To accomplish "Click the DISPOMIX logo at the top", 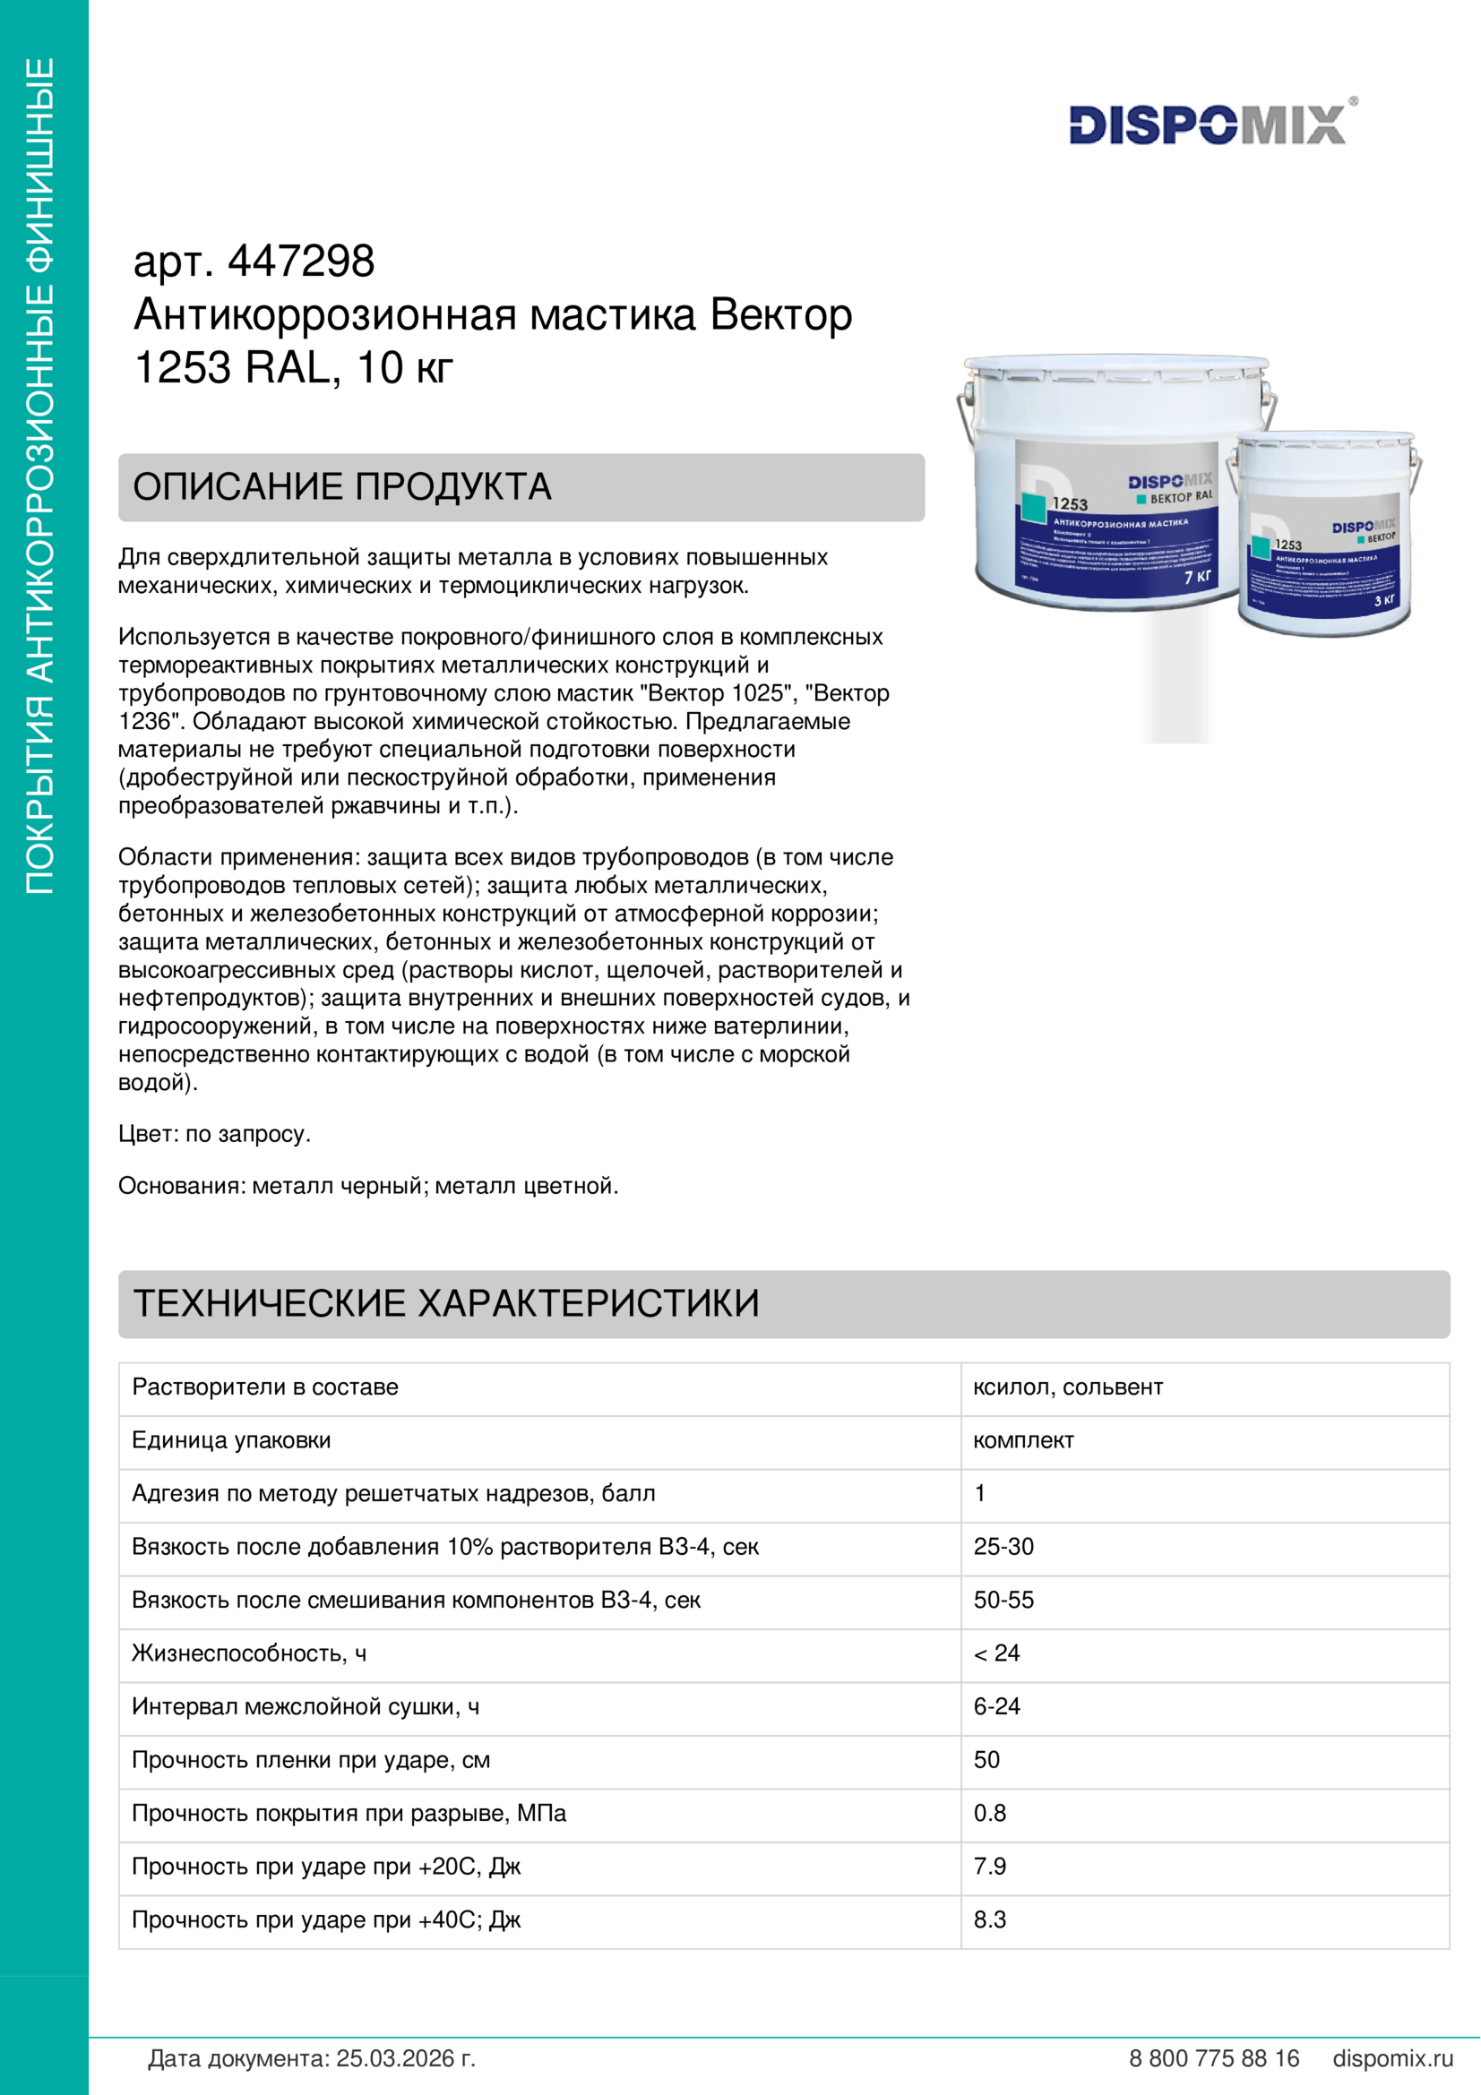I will (x=1207, y=125).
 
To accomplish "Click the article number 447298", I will (x=300, y=262).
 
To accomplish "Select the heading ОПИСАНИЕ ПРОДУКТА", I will (x=342, y=487).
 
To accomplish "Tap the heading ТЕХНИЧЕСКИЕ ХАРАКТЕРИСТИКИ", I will (x=446, y=1303).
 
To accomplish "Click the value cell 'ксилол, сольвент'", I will (x=1068, y=1387).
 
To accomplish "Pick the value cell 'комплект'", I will (x=1023, y=1441).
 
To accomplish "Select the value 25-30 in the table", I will (x=1003, y=1548).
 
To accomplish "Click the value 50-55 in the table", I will (x=1003, y=1601).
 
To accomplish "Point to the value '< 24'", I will (x=996, y=1653).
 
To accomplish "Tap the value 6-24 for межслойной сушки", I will (x=996, y=1707).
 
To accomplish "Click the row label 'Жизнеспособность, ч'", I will (x=249, y=1653).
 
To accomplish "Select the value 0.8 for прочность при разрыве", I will (x=990, y=1813).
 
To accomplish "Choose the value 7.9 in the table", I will (x=990, y=1867).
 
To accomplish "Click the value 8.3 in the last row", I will (x=990, y=1919).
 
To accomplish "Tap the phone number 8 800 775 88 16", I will (x=1214, y=2059).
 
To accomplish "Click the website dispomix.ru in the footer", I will (x=1392, y=2059).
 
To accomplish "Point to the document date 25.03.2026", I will (x=405, y=2059).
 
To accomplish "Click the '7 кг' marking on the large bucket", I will (x=1197, y=577).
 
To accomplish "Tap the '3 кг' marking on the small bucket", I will (x=1384, y=600).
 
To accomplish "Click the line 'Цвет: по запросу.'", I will (x=214, y=1134).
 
